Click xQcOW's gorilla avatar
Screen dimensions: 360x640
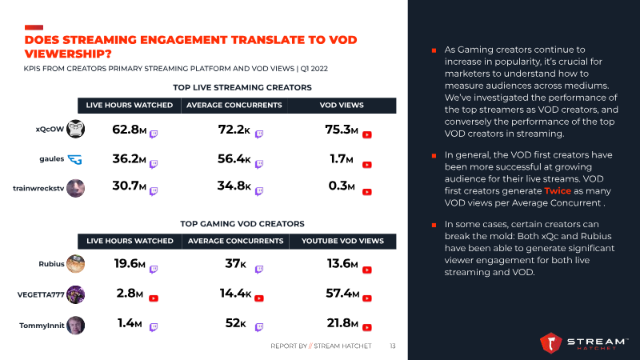(75, 129)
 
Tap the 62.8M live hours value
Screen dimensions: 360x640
(129, 129)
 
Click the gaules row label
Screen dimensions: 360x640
(51, 158)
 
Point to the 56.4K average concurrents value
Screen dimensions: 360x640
(234, 158)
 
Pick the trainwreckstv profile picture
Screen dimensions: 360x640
(75, 188)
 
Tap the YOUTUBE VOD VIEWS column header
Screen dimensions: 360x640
(342, 241)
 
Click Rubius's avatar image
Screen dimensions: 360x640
(75, 264)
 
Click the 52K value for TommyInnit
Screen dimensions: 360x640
(235, 324)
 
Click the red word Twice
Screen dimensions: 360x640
(557, 191)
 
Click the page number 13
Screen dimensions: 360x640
(393, 346)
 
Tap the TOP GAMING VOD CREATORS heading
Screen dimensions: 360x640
(242, 223)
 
